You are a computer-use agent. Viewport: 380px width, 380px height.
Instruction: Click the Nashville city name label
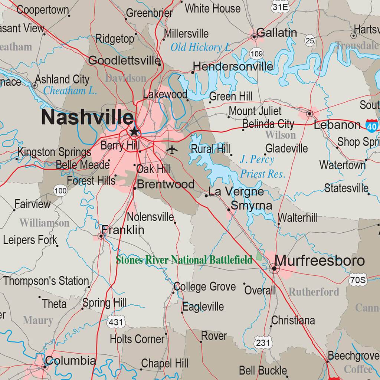[87, 117]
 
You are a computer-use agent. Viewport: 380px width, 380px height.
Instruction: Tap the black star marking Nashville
[134, 131]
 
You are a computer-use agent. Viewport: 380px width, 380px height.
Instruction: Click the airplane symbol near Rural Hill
[172, 150]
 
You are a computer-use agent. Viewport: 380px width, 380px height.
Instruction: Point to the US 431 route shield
[115, 322]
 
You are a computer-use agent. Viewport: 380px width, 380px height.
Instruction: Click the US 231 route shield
[263, 343]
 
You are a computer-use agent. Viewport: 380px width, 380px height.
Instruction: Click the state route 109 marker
[256, 54]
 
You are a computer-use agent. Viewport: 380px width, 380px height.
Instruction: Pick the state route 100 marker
[60, 191]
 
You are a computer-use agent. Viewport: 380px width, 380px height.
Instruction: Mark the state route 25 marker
[310, 40]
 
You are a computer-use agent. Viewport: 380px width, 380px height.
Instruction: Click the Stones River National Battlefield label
[184, 260]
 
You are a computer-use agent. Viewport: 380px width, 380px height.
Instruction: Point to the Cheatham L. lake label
[70, 90]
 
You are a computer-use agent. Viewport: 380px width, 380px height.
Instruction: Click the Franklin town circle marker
[101, 236]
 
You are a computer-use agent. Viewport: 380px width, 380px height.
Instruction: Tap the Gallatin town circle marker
[254, 37]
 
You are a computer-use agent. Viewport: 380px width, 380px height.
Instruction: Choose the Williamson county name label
[44, 223]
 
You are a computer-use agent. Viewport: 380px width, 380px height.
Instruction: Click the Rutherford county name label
[314, 292]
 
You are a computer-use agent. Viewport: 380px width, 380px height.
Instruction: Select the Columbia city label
[70, 360]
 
